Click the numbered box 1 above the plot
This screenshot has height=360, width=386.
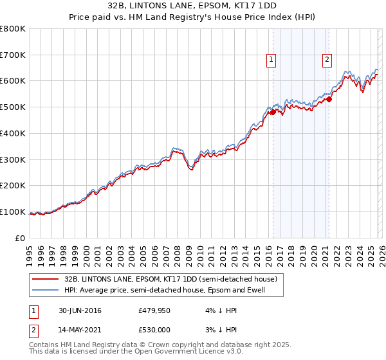(x=271, y=60)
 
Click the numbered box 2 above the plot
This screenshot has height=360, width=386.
(x=327, y=60)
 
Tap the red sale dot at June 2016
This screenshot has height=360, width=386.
(x=273, y=113)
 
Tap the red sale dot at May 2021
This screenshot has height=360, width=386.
(x=329, y=99)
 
